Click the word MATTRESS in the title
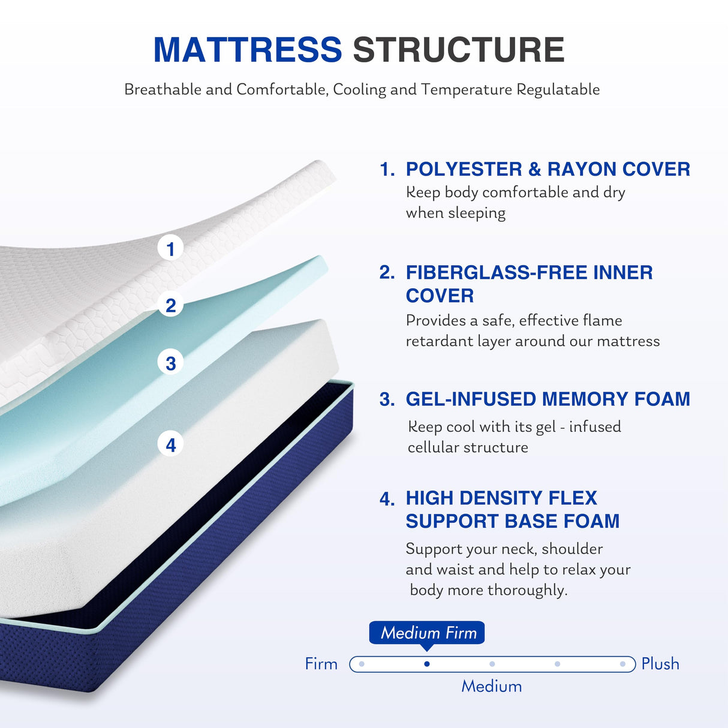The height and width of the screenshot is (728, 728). pos(247,50)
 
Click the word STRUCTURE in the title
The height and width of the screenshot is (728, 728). pos(459,50)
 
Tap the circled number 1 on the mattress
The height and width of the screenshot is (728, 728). pos(171,248)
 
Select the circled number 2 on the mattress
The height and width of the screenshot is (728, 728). pos(171,305)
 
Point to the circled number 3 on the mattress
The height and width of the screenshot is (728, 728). pos(171,363)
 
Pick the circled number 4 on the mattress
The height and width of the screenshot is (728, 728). pos(171,445)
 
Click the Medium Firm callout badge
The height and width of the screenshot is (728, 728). pos(427,633)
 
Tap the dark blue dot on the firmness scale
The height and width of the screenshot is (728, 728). pos(426,664)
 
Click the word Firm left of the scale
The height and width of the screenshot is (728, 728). pos(321,664)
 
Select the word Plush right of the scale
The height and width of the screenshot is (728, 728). pos(660,664)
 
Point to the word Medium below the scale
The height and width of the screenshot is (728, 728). pos(491,687)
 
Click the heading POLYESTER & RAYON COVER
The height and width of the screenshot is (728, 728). pos(547,169)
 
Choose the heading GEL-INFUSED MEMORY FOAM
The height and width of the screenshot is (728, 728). pos(547,399)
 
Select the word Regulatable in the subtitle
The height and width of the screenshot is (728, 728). pos(558,89)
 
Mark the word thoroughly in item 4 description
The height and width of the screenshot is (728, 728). pos(527,590)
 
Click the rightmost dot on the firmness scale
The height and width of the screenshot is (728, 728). pos(623,664)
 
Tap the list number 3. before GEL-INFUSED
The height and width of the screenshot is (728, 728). pos(387,399)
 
